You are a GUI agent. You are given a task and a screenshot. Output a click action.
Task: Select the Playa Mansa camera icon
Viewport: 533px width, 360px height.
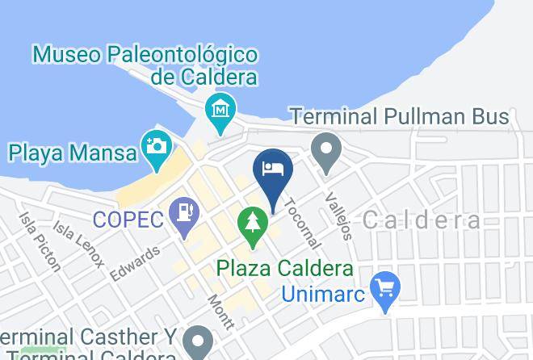155,147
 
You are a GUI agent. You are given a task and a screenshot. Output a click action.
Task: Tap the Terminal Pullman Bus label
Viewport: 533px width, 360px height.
400,116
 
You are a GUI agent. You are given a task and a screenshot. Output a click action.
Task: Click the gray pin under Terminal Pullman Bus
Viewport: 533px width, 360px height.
326,151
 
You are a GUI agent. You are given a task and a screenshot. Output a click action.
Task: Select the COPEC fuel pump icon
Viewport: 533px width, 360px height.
186,213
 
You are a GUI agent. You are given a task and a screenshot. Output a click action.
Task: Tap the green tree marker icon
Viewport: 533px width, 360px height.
254,223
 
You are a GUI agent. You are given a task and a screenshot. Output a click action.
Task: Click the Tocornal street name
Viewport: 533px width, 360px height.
303,220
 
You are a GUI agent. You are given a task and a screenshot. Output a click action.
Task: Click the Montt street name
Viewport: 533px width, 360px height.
220,312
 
